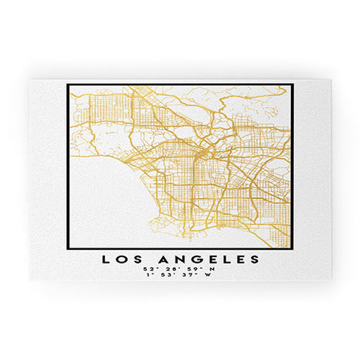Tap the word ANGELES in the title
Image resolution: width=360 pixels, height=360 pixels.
[x=209, y=259]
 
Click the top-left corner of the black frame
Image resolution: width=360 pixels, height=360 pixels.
[x=67, y=83]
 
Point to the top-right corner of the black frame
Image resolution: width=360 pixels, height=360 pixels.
[x=292, y=83]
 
